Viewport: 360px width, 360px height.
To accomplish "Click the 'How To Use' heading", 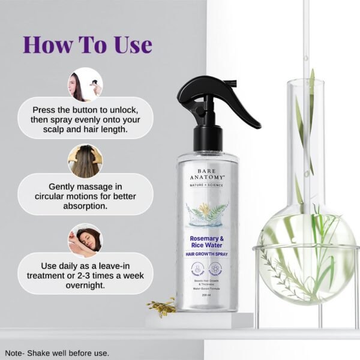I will [x=87, y=44].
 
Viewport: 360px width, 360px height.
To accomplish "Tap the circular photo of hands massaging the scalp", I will [x=85, y=160].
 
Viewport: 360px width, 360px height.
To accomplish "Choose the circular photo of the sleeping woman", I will [x=85, y=239].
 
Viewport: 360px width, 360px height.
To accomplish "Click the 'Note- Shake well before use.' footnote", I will [x=57, y=353].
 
